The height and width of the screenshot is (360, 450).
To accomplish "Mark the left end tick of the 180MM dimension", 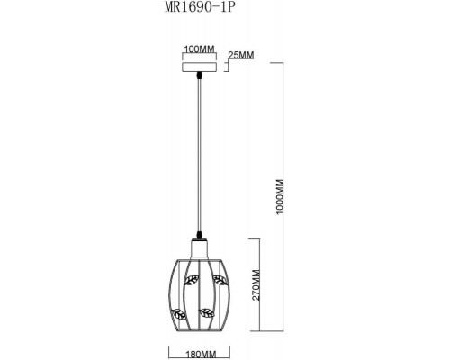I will (x=168, y=348).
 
